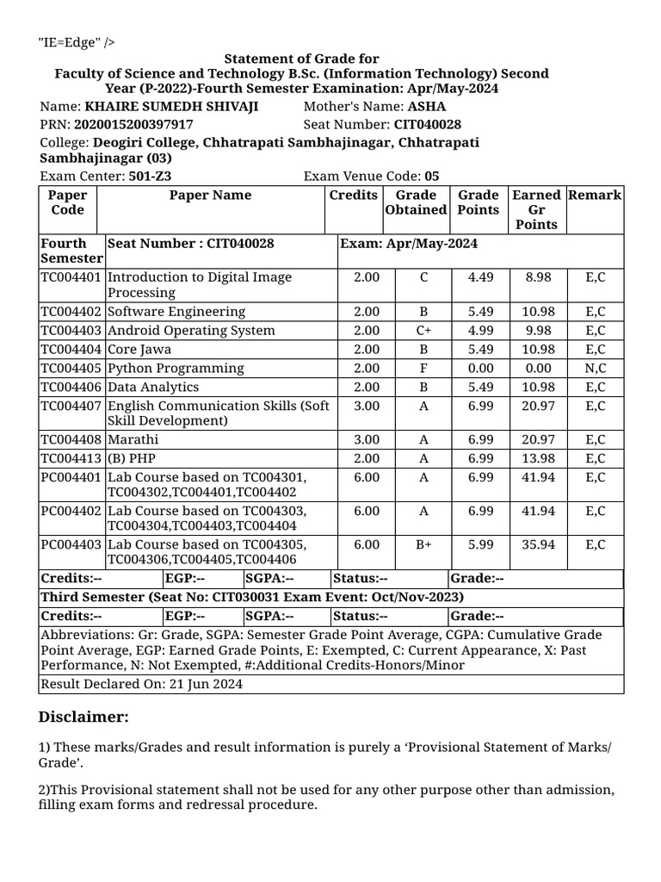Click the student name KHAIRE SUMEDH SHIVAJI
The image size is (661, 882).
tap(171, 107)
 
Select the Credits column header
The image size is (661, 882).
tap(354, 196)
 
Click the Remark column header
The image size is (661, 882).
tap(595, 196)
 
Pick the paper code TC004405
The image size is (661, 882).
tap(71, 369)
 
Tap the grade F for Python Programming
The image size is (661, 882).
tap(423, 369)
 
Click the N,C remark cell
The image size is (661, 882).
tap(595, 369)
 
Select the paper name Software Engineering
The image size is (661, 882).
tap(176, 312)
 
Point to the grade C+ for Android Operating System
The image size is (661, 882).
tap(423, 331)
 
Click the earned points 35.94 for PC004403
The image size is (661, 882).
tap(539, 544)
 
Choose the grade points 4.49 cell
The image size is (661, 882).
tap(479, 277)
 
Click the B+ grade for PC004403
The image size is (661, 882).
tap(423, 544)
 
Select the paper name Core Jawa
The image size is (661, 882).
tap(139, 350)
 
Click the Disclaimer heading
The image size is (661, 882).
tap(83, 717)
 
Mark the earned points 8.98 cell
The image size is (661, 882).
tap(539, 277)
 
